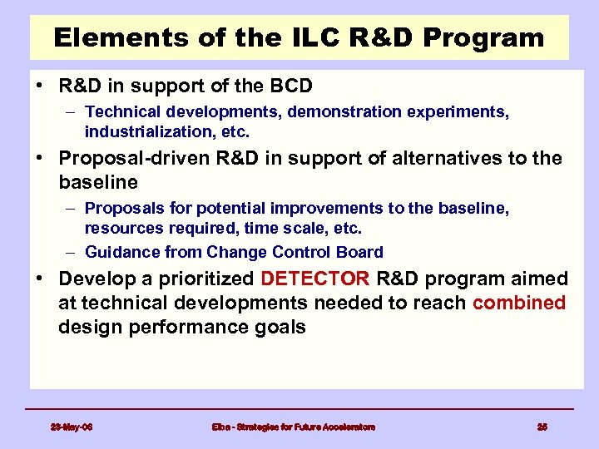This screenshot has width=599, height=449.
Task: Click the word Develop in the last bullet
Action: point(94,279)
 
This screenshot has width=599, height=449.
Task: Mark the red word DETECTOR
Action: point(315,279)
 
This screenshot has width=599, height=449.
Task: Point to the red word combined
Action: point(519,303)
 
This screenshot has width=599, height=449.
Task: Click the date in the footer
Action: point(72,427)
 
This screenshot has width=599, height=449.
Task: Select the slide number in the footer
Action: point(542,427)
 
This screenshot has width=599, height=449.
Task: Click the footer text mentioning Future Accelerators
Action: point(293,427)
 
